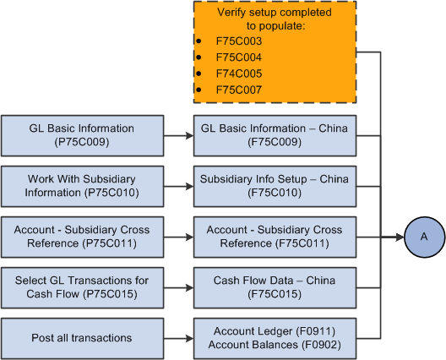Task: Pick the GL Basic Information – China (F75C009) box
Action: tap(275, 135)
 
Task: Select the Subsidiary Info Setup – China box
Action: tap(275, 186)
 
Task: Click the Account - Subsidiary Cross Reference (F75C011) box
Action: tap(275, 237)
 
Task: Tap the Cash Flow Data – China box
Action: tap(275, 287)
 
